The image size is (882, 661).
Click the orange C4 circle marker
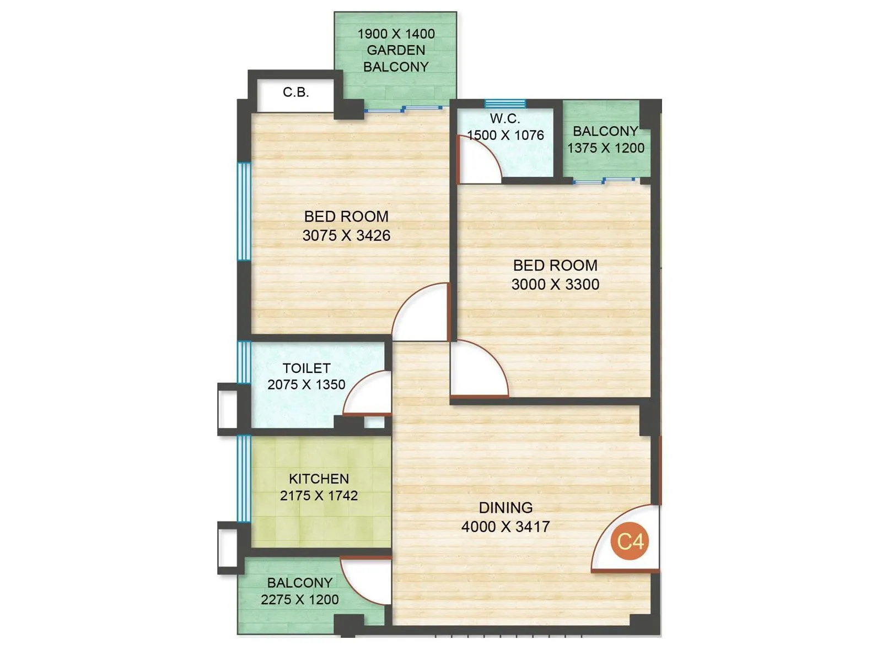630,541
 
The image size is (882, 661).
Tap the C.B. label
296,92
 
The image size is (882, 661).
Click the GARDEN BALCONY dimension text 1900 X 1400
396,34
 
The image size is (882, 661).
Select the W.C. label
505,118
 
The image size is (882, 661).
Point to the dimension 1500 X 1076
505,135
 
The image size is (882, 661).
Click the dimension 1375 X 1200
606,148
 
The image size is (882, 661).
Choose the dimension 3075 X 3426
346,235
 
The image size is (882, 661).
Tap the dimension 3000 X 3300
555,284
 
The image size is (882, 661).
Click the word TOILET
306,368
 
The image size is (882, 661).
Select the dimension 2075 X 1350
306,384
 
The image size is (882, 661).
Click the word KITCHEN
319,479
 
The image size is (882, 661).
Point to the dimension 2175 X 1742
319,496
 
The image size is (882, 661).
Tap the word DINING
505,507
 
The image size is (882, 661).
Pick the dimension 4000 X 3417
505,527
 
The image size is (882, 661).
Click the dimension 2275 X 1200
299,599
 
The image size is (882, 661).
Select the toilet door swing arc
358,385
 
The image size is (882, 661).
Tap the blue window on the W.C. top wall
505,104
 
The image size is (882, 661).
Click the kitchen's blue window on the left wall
244,478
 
